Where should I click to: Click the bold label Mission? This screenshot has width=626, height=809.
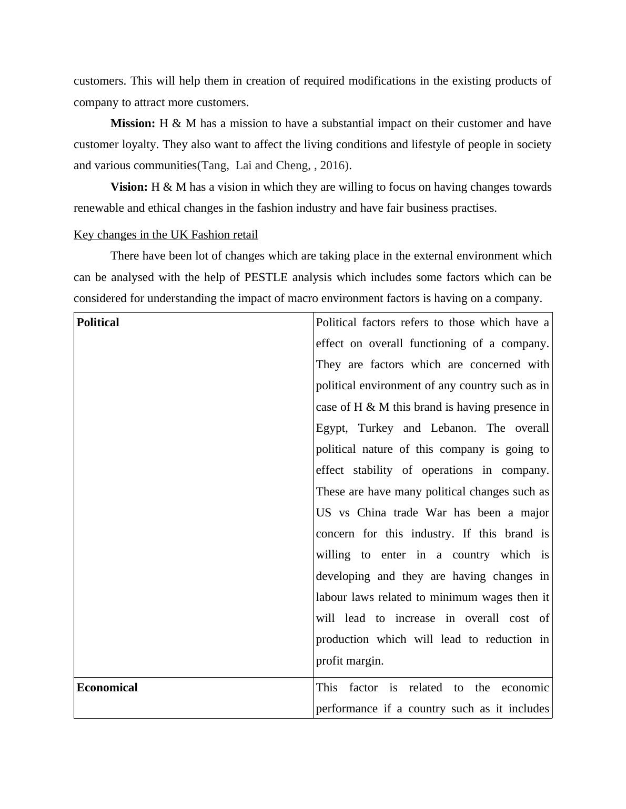tap(133, 123)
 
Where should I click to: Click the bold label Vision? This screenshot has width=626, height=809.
tap(129, 187)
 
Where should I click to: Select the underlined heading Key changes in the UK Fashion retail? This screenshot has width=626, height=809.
tap(166, 235)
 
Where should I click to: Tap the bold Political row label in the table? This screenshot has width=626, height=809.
tap(98, 323)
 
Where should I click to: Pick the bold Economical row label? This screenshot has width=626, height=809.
tap(107, 688)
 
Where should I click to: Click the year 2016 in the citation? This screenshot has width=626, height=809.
tap(332, 165)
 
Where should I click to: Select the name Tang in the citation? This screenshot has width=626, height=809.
tap(213, 165)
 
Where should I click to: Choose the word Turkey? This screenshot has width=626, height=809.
tap(376, 428)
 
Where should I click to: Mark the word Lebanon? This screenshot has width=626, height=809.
tap(453, 428)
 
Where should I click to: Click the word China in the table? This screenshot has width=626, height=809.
tap(371, 513)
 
